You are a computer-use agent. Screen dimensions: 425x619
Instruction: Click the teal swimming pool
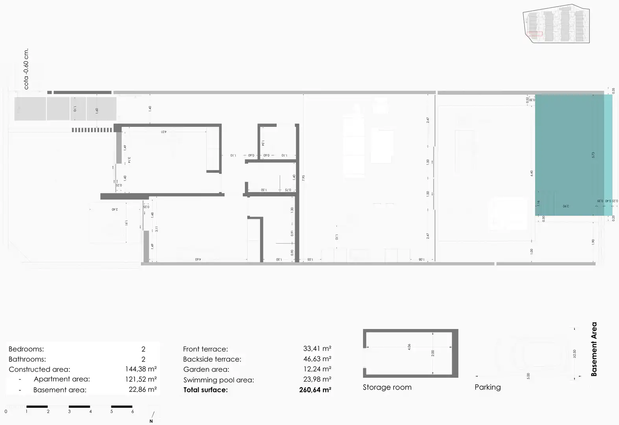(569, 155)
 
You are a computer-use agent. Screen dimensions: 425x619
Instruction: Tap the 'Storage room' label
(387, 387)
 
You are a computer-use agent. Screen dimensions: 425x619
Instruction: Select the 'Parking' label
(488, 387)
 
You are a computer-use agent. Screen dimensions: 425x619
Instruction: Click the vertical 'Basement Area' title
(594, 349)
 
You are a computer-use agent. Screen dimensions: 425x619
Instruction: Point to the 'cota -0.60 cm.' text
(26, 69)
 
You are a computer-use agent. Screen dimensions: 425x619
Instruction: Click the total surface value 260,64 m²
(315, 390)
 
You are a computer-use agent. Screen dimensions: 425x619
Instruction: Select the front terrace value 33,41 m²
(317, 349)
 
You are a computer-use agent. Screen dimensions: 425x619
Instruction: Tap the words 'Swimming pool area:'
(218, 380)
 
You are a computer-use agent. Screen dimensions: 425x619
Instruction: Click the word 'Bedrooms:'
(26, 349)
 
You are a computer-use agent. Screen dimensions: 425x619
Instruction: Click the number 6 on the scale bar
(133, 412)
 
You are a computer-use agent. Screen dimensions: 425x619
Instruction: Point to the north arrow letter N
(151, 421)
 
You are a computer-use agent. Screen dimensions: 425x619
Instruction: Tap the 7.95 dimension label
(303, 178)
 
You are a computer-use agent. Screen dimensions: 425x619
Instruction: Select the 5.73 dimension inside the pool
(593, 155)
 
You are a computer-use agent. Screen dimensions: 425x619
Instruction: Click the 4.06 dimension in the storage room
(409, 347)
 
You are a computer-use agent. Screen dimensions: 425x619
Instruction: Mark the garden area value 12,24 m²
(317, 369)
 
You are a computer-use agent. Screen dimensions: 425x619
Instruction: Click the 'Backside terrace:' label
(212, 359)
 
